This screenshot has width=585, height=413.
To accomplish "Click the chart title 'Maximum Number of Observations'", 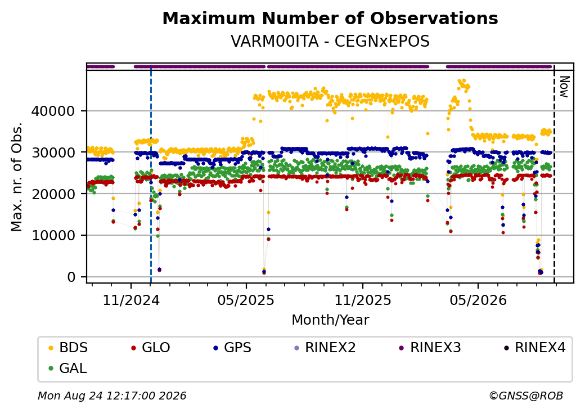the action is (x=330, y=18).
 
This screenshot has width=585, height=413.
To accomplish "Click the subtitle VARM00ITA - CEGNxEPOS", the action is (x=330, y=42).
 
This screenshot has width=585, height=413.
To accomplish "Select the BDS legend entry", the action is (x=68, y=348).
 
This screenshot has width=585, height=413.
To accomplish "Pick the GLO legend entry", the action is (x=151, y=348).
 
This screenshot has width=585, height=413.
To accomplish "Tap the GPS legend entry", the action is (x=232, y=348).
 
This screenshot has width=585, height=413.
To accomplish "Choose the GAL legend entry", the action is (x=68, y=368).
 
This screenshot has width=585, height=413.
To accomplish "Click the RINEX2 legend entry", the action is (x=325, y=348).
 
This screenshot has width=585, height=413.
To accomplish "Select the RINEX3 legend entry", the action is (x=430, y=348).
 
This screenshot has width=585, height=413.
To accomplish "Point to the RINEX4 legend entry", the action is (x=535, y=348).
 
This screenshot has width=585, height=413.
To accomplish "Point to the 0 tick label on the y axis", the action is (x=71, y=277).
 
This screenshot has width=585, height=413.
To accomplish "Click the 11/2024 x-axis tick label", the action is (x=131, y=300).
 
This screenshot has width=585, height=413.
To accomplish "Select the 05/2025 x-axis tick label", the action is (x=246, y=300).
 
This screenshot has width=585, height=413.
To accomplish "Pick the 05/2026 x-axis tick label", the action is (x=478, y=300).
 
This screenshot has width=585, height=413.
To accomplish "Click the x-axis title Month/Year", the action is (x=330, y=320).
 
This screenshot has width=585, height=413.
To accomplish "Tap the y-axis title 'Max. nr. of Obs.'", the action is (x=17, y=177).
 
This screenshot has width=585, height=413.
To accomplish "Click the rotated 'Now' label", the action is (x=565, y=87).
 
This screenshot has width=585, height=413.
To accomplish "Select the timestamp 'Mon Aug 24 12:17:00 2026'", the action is (x=112, y=396).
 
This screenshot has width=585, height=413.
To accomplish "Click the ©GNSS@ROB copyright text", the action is (x=526, y=396).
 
